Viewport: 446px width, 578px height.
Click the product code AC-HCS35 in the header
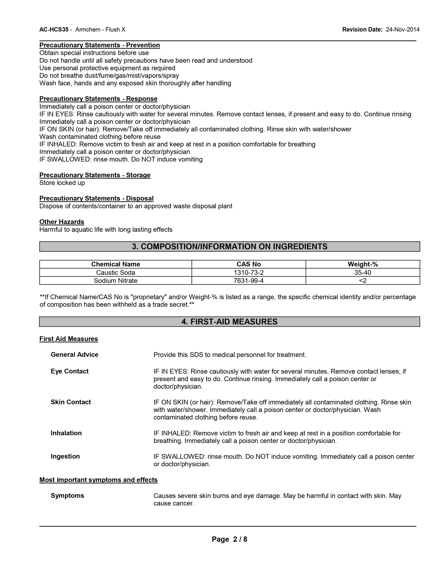pos(54,30)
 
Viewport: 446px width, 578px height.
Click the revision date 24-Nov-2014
pos(402,30)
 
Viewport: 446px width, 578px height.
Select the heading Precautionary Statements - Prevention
pos(100,45)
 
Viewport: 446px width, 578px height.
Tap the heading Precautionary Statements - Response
pos(98,99)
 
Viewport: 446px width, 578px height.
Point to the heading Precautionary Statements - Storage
pos(95,175)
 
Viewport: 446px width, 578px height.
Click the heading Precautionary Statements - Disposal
pos(96,199)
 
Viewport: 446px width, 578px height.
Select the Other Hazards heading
pos(62,222)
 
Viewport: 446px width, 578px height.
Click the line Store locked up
pos(62,183)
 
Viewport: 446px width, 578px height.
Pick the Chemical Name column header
pos(116,264)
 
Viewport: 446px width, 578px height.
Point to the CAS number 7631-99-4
pos(249,281)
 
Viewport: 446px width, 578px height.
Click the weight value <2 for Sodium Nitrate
pos(363,281)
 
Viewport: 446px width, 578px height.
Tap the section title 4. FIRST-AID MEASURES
pos(230,322)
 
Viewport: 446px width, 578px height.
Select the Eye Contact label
pos(69,371)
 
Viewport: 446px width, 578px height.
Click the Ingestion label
pos(65,457)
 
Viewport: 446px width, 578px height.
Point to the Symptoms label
pos(67,496)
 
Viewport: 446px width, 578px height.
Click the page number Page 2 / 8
pos(229,539)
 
